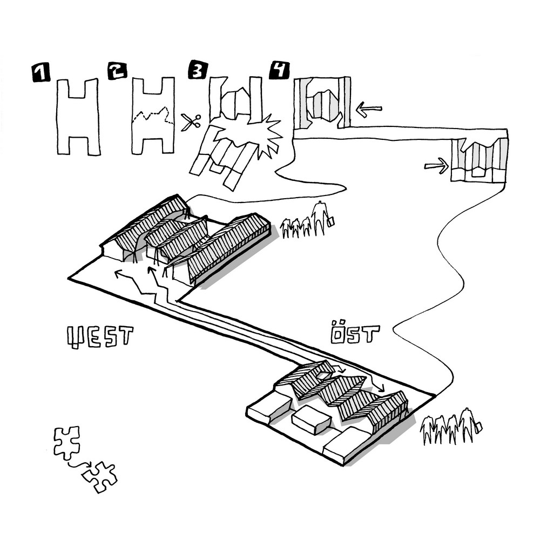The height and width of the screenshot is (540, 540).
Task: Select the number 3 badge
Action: pos(197,72)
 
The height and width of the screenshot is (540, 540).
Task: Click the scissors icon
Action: pos(190,122)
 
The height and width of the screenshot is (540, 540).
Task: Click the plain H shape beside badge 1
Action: pos(79,117)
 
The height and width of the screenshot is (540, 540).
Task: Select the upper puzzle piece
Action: pos(67,442)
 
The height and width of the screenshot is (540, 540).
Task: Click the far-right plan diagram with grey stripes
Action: pos(480,160)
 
